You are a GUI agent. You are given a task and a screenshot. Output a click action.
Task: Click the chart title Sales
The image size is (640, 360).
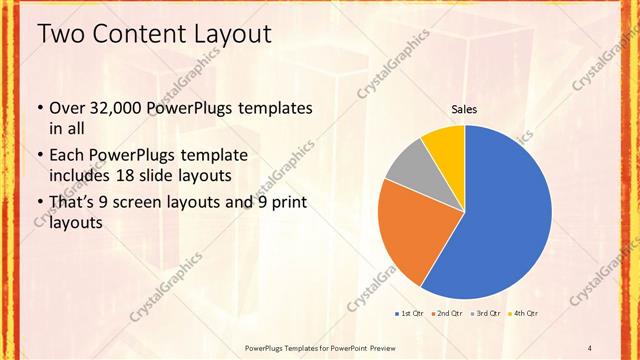tap(464, 109)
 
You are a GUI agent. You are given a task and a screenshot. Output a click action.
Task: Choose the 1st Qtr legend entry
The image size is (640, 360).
tap(409, 314)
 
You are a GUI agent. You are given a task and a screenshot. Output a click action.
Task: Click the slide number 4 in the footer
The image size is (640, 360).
tap(590, 347)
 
